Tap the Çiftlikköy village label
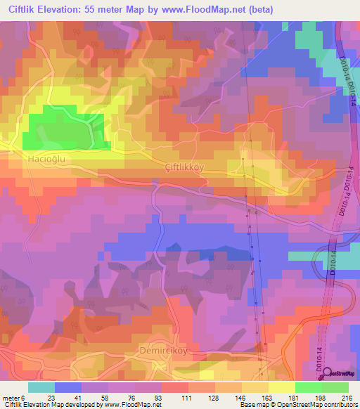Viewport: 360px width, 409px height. pos(186,167)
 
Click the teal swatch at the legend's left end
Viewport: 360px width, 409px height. pos(41,387)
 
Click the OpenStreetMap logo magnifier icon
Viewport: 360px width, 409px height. pos(328,374)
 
